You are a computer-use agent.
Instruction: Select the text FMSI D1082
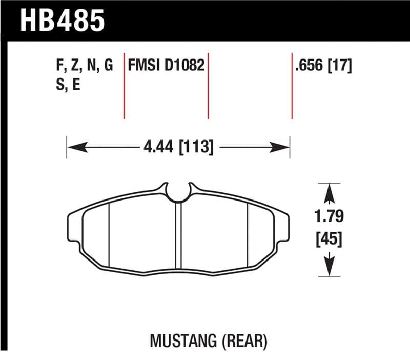click(x=166, y=66)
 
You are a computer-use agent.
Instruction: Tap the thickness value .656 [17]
click(x=323, y=66)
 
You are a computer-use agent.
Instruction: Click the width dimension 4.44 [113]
click(x=178, y=148)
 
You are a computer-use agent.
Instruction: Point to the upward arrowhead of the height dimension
click(x=329, y=194)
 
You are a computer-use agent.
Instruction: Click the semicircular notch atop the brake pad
click(x=178, y=192)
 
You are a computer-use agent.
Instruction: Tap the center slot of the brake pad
click(x=178, y=236)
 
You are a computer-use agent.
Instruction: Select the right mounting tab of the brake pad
click(x=284, y=229)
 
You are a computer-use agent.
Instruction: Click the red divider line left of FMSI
click(x=124, y=85)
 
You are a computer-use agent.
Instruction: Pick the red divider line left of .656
click(x=292, y=85)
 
